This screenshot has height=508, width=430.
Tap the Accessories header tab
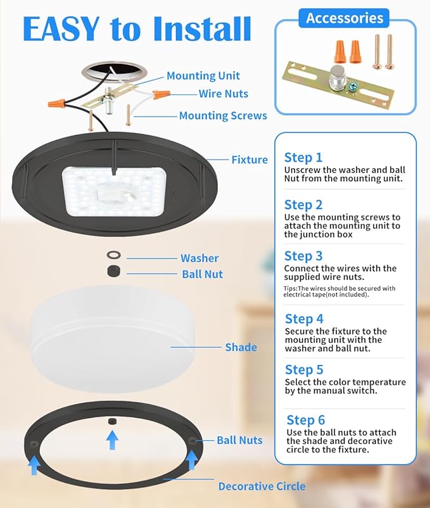click(344, 18)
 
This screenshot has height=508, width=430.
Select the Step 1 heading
click(303, 157)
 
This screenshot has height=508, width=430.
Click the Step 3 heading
click(303, 256)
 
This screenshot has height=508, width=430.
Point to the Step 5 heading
click(304, 369)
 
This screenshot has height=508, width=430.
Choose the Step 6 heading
click(305, 420)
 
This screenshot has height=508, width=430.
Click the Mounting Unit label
click(203, 76)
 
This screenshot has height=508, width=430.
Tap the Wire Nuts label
click(223, 94)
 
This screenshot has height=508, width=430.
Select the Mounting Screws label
click(223, 115)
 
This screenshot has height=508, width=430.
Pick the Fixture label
click(249, 160)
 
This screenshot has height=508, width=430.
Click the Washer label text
click(199, 258)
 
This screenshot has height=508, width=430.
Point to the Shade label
click(241, 346)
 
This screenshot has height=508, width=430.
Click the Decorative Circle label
click(262, 486)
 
